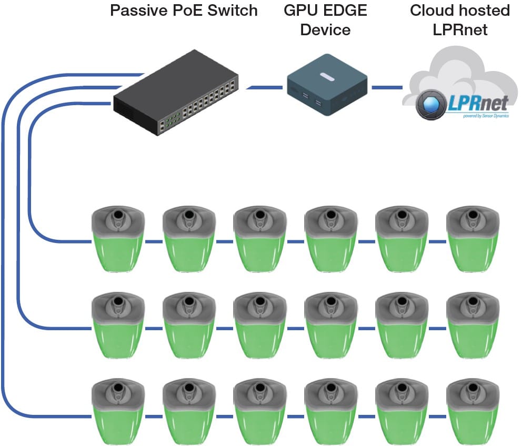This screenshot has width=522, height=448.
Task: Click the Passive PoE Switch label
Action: pos(184,11)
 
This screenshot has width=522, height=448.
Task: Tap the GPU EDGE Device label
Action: pos(325,19)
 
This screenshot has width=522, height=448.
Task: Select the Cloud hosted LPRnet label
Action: pos(459,19)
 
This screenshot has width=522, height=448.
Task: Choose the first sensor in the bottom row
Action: pos(118,413)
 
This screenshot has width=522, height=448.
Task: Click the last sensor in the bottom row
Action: pos(473,413)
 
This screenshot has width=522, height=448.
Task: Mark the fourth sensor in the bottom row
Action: pos(331,413)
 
